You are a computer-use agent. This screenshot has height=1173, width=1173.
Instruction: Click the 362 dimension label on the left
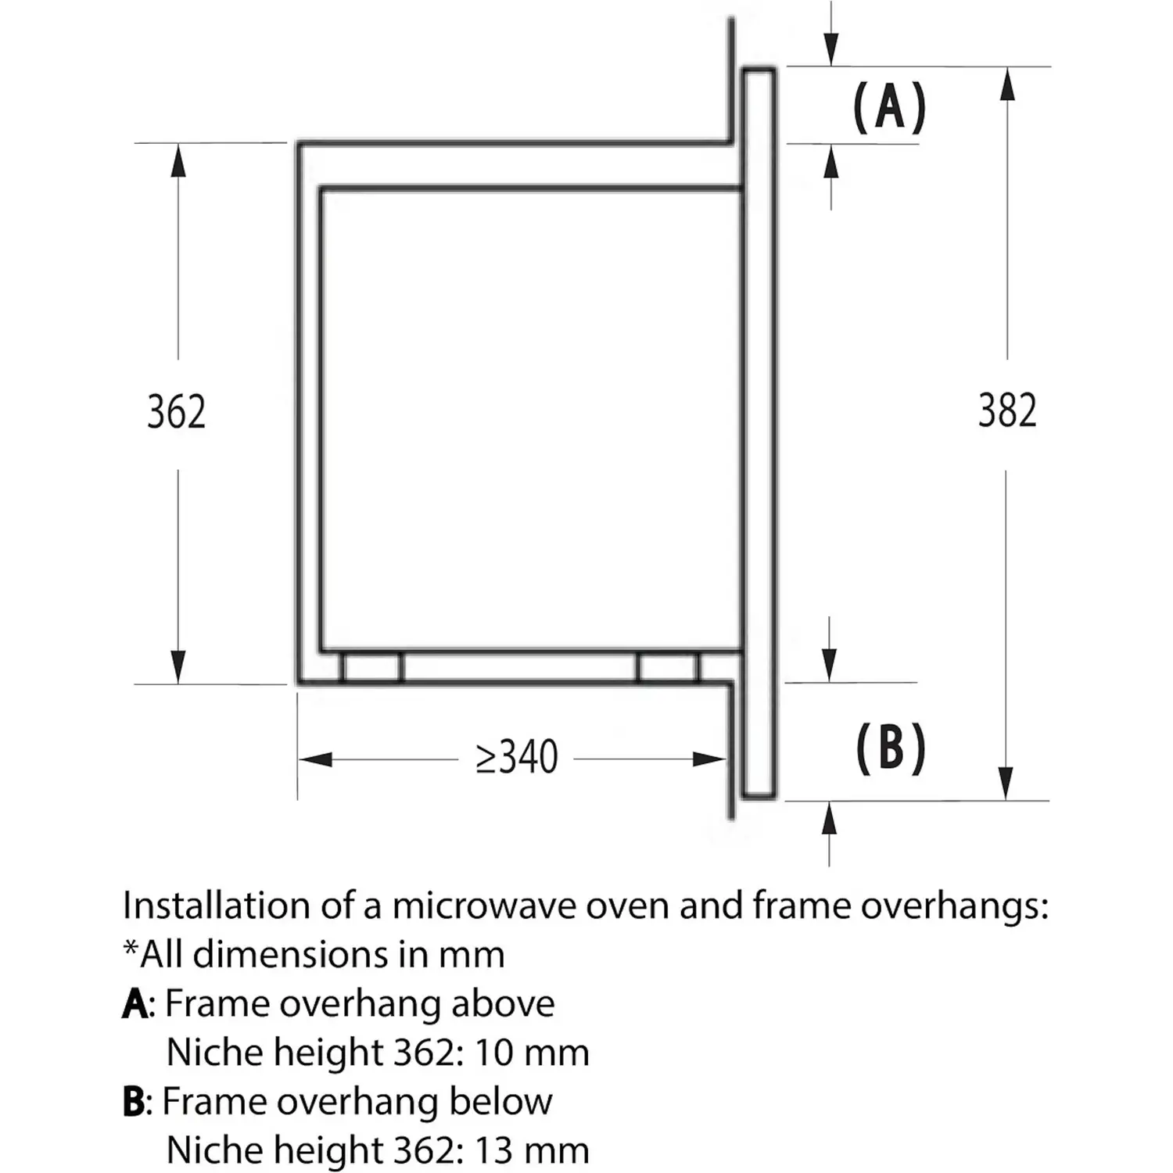tap(177, 412)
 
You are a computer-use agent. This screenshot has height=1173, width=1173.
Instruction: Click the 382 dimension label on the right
tap(1007, 411)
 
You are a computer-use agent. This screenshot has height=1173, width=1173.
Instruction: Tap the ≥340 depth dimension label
tap(517, 758)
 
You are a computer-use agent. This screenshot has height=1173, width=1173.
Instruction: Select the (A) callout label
tap(889, 107)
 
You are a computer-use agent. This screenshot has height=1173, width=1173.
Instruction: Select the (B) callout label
tap(891, 748)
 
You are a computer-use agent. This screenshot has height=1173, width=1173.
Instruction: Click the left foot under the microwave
tap(371, 668)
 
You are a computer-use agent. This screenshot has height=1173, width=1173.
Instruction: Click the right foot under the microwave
tap(668, 668)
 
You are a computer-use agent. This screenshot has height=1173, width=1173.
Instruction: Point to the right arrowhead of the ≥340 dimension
tap(709, 759)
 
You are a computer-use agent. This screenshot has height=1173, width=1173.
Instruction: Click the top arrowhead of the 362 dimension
tap(178, 160)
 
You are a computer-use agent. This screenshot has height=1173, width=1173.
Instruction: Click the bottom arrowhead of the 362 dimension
tap(178, 667)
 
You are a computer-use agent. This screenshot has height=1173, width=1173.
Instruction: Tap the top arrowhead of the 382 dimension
tap(1007, 84)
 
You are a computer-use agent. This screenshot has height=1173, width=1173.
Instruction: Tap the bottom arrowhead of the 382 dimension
tap(1006, 783)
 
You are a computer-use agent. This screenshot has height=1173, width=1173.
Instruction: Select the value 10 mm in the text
tap(531, 1053)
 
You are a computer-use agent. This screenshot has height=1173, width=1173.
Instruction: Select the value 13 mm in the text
tap(531, 1150)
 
